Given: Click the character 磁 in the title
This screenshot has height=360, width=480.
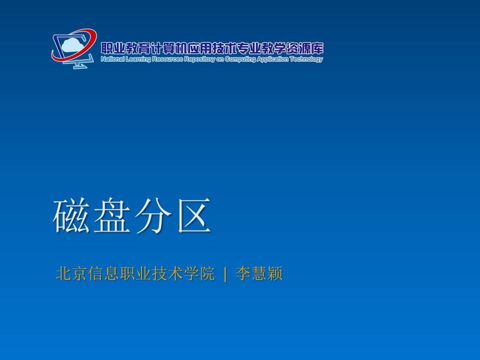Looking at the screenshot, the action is coord(71,215).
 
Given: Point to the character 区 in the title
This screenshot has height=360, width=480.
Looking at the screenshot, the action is coord(194,215).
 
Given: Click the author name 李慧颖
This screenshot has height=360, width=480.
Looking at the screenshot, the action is coord(259,273).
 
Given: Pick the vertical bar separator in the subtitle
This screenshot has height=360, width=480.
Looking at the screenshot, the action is coord(225,274).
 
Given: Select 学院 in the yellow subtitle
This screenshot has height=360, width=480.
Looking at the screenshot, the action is coord(199,273).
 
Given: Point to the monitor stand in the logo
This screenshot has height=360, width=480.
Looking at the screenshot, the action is coord(78,64).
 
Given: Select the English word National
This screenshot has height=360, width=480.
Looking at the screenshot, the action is coord(112,59).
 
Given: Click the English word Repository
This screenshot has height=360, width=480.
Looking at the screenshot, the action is coord(199,59).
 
